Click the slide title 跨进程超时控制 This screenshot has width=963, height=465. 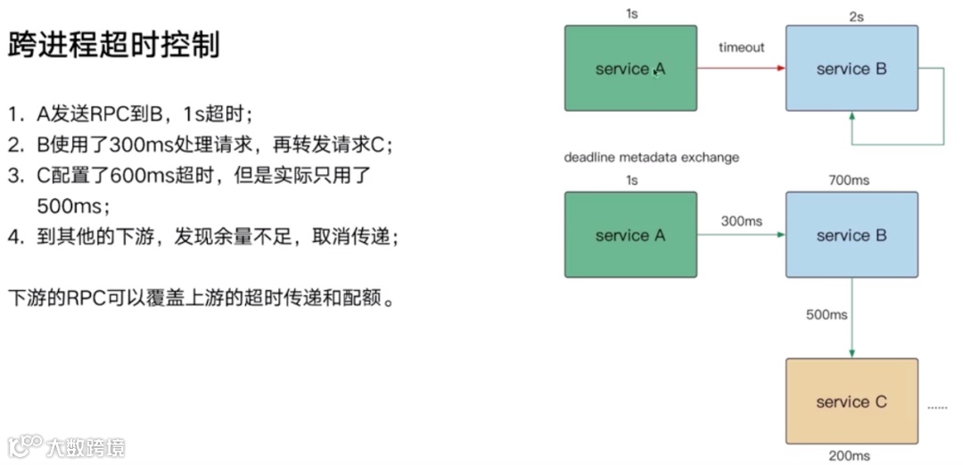click(114, 46)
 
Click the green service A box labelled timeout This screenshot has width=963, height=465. click(630, 68)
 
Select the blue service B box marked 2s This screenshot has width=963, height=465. click(852, 68)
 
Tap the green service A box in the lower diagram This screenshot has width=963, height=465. click(630, 235)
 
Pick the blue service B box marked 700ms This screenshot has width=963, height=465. click(852, 235)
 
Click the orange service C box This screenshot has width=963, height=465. click(852, 401)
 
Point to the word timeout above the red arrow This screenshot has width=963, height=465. click(741, 47)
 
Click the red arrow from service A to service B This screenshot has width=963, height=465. click(740, 68)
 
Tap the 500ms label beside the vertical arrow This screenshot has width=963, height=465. click(826, 316)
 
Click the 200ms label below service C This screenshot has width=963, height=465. click(849, 456)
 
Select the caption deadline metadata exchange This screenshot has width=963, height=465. click(651, 158)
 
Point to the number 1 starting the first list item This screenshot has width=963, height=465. click(14, 114)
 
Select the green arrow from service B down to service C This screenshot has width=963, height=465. click(852, 317)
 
